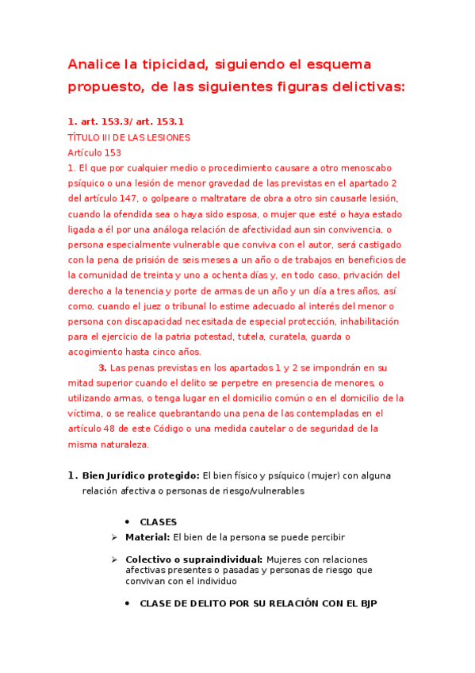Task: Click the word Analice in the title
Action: [96, 63]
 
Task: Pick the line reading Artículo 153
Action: [94, 152]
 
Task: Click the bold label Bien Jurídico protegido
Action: [140, 475]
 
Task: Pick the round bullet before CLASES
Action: [128, 521]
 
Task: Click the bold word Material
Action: [147, 537]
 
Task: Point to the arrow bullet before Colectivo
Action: [116, 560]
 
